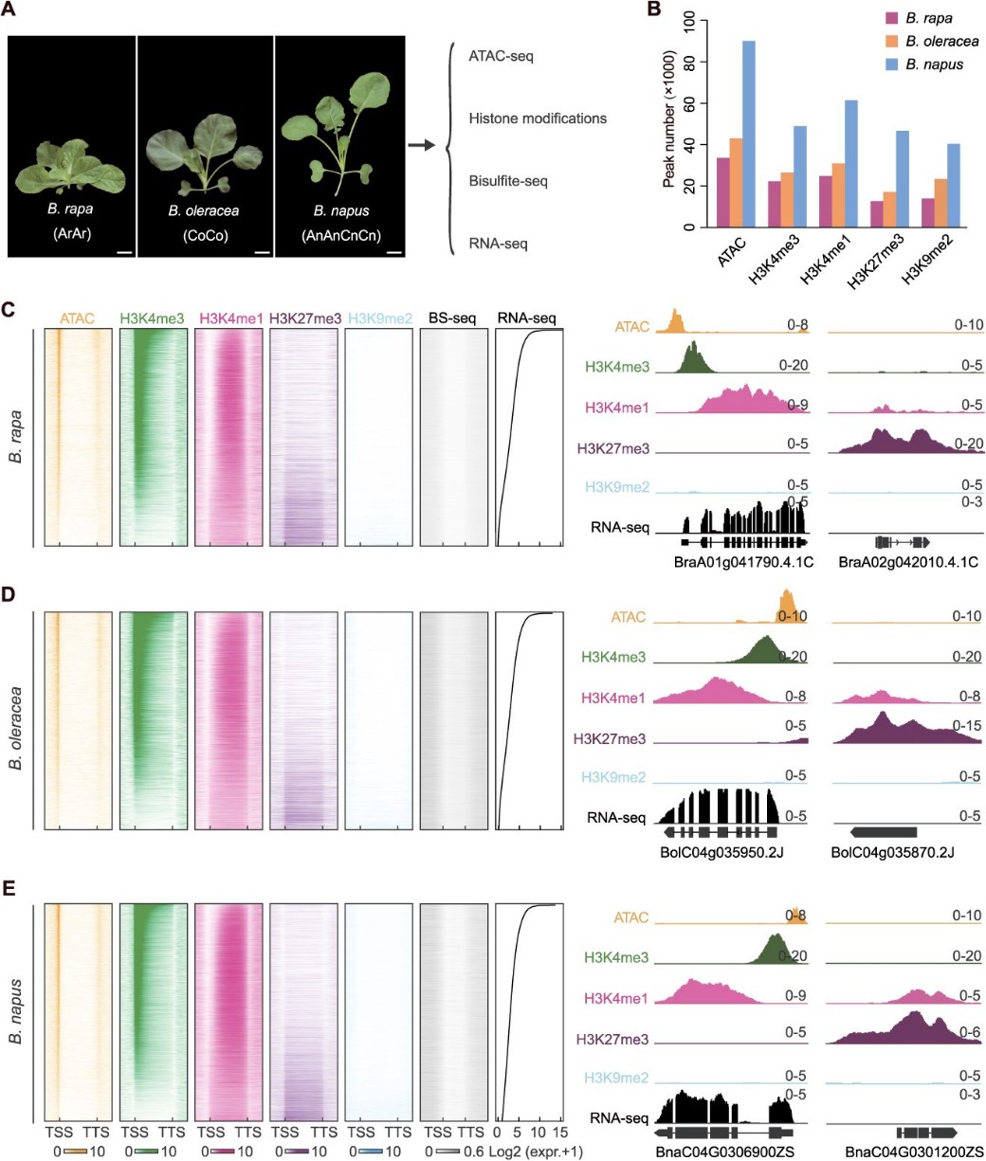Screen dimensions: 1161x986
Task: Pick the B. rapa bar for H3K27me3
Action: tap(877, 214)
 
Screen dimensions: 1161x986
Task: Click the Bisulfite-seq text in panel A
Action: tap(508, 180)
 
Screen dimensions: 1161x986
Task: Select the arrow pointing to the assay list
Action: tap(422, 145)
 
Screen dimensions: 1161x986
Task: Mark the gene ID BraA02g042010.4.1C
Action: tap(908, 563)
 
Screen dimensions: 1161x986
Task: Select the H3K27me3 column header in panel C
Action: tap(303, 318)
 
